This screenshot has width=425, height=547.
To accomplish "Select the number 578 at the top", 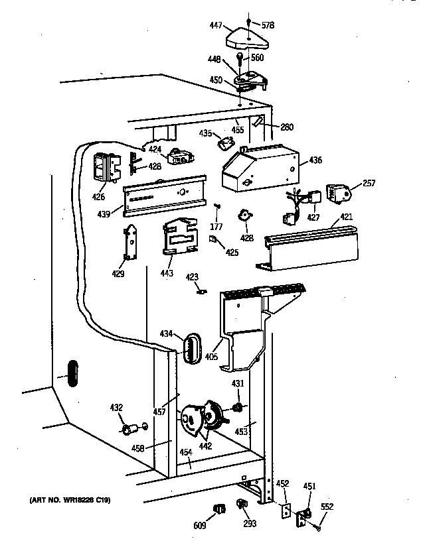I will pyautogui.click(x=268, y=26).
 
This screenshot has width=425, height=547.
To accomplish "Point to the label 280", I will pyautogui.click(x=286, y=127).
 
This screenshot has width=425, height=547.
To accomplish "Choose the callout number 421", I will pyautogui.click(x=346, y=217).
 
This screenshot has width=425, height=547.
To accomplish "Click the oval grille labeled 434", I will pyautogui.click(x=191, y=347).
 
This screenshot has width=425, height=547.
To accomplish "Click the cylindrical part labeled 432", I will pyautogui.click(x=126, y=430).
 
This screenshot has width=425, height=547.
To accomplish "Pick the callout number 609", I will pyautogui.click(x=200, y=525).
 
